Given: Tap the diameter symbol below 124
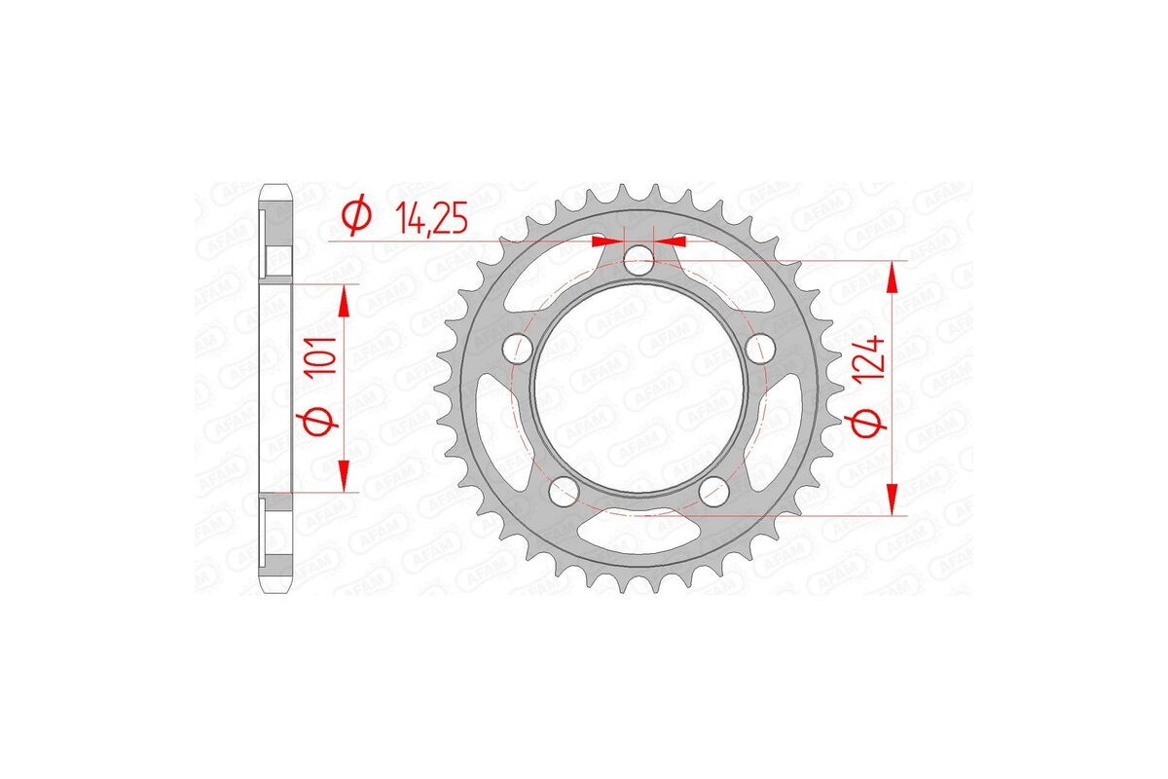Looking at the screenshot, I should tap(871, 421).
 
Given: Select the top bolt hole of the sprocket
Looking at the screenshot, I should tap(639, 259).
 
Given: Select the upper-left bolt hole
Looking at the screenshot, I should tap(518, 348).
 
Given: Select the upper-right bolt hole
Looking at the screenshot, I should tap(760, 348).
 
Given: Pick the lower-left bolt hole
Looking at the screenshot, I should tap(564, 491).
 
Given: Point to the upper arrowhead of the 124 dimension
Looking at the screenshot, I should tap(892, 279).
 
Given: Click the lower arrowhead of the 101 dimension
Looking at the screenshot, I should tap(343, 476).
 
